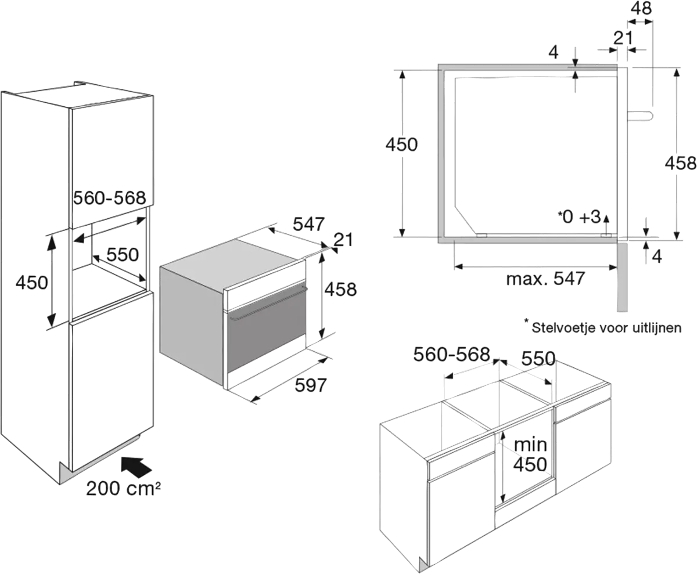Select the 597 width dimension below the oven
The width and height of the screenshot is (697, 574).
click(x=311, y=384)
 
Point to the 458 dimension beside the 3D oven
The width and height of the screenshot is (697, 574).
click(x=341, y=288)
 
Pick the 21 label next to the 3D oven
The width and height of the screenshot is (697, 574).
click(x=345, y=240)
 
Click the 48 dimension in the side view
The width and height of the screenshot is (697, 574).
click(x=642, y=9)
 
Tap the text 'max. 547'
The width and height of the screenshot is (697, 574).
click(x=545, y=279)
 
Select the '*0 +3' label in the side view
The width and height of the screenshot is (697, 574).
click(x=579, y=217)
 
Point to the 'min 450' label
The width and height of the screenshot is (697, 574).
click(x=530, y=454)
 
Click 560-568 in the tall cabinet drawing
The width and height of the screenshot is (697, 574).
click(x=109, y=198)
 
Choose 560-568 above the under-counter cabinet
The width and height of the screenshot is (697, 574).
click(x=452, y=354)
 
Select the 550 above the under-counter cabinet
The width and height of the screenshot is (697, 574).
click(x=538, y=359)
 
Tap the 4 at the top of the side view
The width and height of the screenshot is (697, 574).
click(x=554, y=53)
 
